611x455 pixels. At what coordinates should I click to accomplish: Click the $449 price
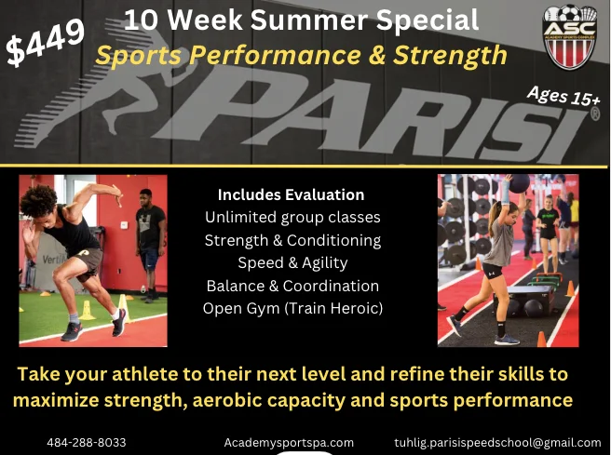45,44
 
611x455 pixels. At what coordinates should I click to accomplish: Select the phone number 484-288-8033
87,442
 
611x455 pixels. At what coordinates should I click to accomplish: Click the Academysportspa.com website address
289,442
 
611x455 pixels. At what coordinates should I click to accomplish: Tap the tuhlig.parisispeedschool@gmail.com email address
497,442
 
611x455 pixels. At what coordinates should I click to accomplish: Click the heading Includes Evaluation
291,195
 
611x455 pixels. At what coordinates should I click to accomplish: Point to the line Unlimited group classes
292,218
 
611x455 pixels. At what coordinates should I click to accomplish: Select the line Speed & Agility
292,262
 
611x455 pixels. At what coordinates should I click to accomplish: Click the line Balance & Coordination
292,286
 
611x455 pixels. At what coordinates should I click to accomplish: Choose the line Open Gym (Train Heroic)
292,308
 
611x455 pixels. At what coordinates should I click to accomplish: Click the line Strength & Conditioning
292,240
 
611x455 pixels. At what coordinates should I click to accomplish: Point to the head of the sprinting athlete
41,199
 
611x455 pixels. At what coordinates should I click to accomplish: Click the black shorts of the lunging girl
493,271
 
